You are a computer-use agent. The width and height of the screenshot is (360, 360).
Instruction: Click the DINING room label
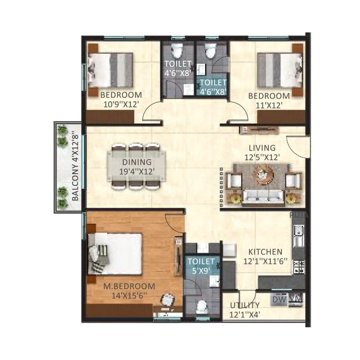point(136,162)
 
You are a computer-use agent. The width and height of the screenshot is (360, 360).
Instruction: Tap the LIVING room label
point(262,148)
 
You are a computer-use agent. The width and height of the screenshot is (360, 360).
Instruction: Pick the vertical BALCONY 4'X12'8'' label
point(75,166)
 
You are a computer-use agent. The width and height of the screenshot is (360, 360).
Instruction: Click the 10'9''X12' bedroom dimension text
point(121,105)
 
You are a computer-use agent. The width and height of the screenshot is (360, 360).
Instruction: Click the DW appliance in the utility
point(277,299)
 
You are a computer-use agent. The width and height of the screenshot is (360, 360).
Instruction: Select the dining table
point(136,166)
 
